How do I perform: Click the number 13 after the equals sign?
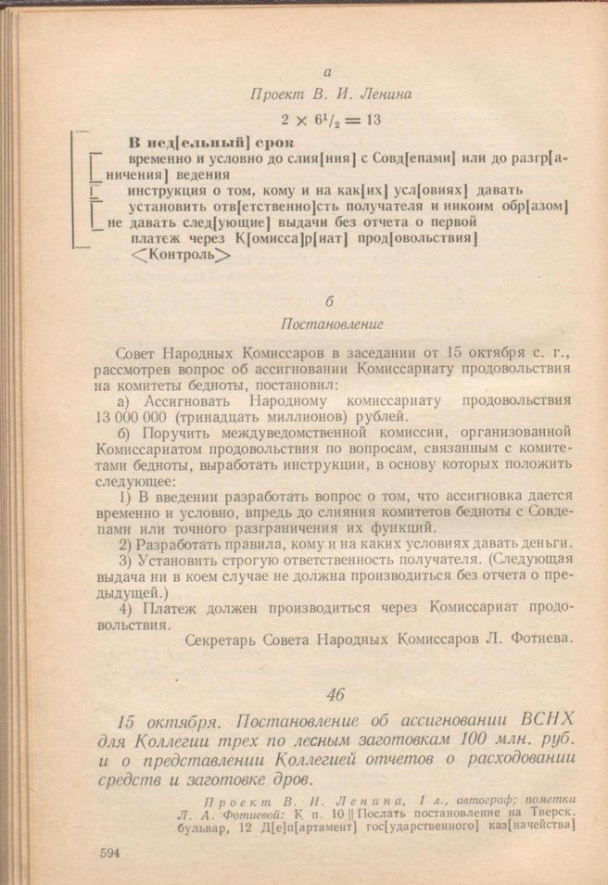tap(374, 119)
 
